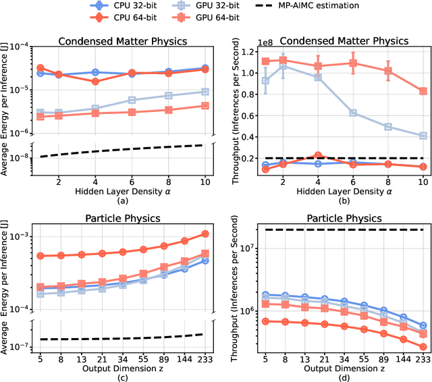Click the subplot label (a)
click(123, 202)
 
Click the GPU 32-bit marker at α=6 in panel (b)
click(352, 113)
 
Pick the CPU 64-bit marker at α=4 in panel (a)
click(96, 81)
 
